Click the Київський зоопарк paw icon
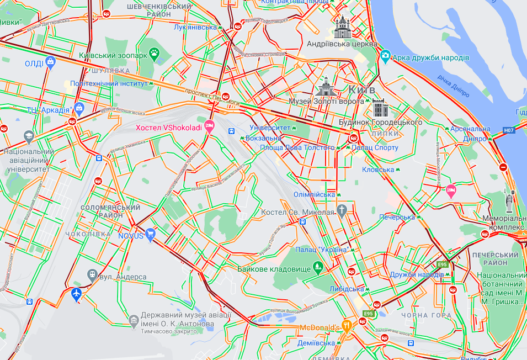(155, 54)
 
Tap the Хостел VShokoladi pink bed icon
(209, 126)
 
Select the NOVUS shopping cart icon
(150, 235)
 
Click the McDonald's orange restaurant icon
(347, 326)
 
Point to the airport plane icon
(76, 294)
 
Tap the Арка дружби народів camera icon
(385, 56)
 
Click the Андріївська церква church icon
(342, 26)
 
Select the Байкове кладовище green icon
(318, 268)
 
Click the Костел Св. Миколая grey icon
(342, 210)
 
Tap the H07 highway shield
(509, 131)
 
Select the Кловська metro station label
(377, 170)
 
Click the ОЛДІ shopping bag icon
(50, 62)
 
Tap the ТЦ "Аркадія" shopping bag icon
(79, 108)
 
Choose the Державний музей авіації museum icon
(134, 320)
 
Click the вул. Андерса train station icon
(92, 274)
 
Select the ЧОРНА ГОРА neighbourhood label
(427, 315)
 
